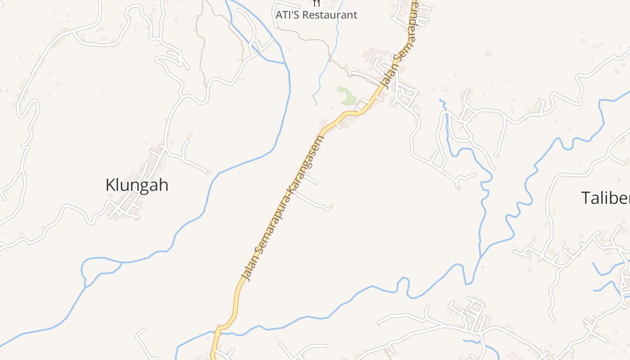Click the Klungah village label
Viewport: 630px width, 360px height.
pyautogui.click(x=137, y=185)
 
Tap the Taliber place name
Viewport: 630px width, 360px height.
pyautogui.click(x=606, y=198)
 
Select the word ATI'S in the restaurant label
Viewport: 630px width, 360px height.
pyautogui.click(x=288, y=15)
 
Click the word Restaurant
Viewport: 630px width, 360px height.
pyautogui.click(x=330, y=15)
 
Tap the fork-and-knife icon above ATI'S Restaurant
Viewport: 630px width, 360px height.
pyautogui.click(x=317, y=3)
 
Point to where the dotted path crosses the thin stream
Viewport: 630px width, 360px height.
pyautogui.click(x=330, y=57)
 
